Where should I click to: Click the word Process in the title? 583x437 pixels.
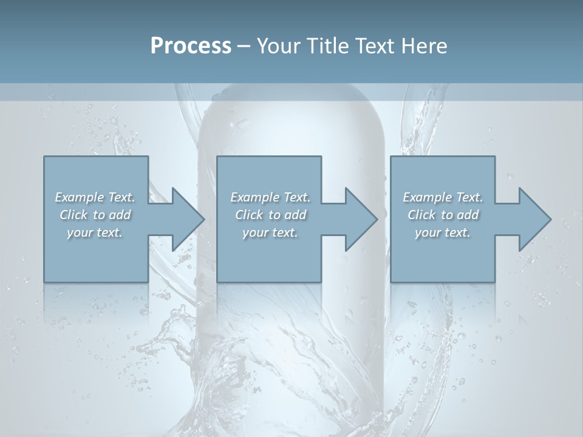(x=191, y=46)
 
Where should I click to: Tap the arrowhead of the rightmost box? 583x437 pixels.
(x=534, y=219)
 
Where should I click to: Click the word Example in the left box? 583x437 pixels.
(x=80, y=197)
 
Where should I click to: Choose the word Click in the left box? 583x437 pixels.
(x=73, y=215)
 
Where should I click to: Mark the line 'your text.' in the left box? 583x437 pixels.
(x=95, y=232)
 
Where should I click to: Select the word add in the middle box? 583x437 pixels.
(x=295, y=215)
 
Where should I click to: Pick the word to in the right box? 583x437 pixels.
(x=448, y=215)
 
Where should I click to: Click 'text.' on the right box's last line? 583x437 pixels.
(x=457, y=232)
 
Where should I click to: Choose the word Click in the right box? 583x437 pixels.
(x=421, y=215)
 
